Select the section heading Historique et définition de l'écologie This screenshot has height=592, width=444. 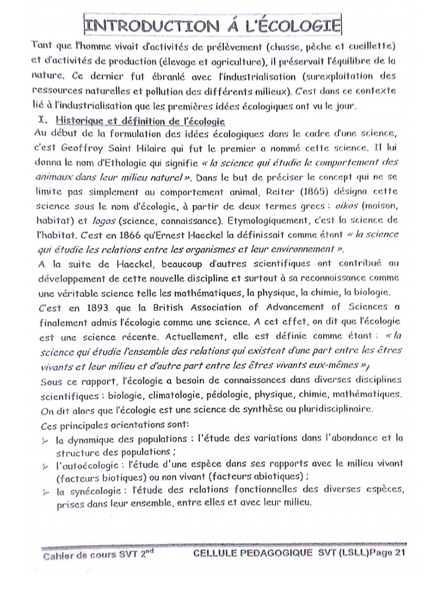136,120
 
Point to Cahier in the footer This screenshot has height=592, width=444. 58,557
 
